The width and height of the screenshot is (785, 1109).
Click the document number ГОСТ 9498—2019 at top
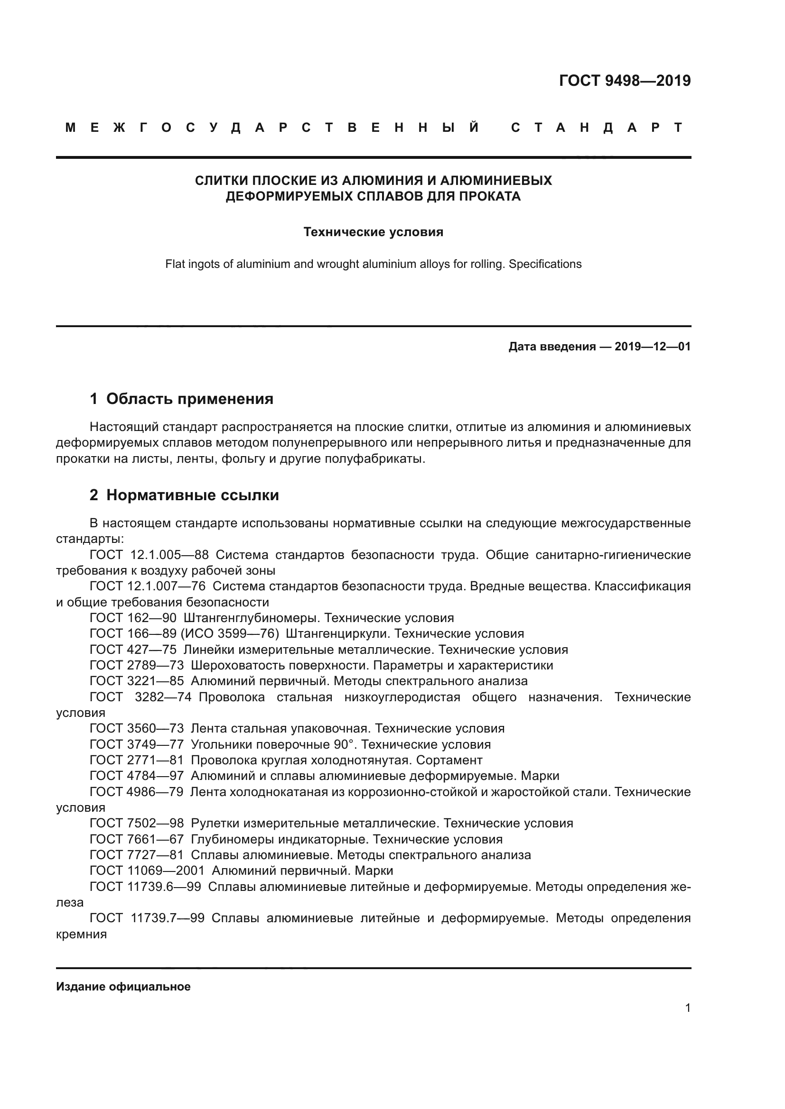coord(625,81)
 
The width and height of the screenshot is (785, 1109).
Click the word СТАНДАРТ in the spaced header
coord(597,128)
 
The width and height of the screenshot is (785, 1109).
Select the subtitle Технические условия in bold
coord(373,232)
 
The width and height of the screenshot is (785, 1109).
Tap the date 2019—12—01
coord(653,347)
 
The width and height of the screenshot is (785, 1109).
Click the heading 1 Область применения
coord(181,399)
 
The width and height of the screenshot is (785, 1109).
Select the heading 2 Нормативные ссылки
coord(184,495)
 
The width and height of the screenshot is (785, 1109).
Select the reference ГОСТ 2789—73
coord(137,666)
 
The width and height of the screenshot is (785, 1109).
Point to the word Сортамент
coord(449,760)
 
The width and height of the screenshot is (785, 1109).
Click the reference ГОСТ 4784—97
coord(137,776)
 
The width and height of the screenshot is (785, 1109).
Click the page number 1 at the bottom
coord(687,1008)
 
